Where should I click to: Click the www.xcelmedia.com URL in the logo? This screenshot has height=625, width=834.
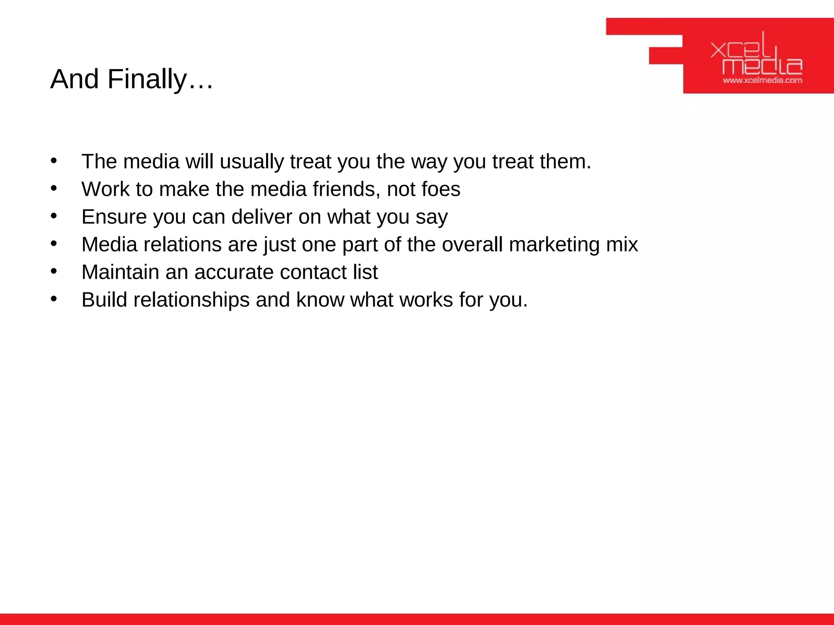click(x=762, y=81)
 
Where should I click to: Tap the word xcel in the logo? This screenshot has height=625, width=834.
click(x=740, y=50)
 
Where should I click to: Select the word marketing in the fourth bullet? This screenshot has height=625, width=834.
click(x=554, y=245)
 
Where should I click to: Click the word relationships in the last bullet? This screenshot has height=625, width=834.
click(x=191, y=300)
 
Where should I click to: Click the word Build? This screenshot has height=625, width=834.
click(x=104, y=300)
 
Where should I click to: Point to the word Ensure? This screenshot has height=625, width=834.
click(x=114, y=217)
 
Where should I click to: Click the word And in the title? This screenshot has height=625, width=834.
click(x=75, y=79)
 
